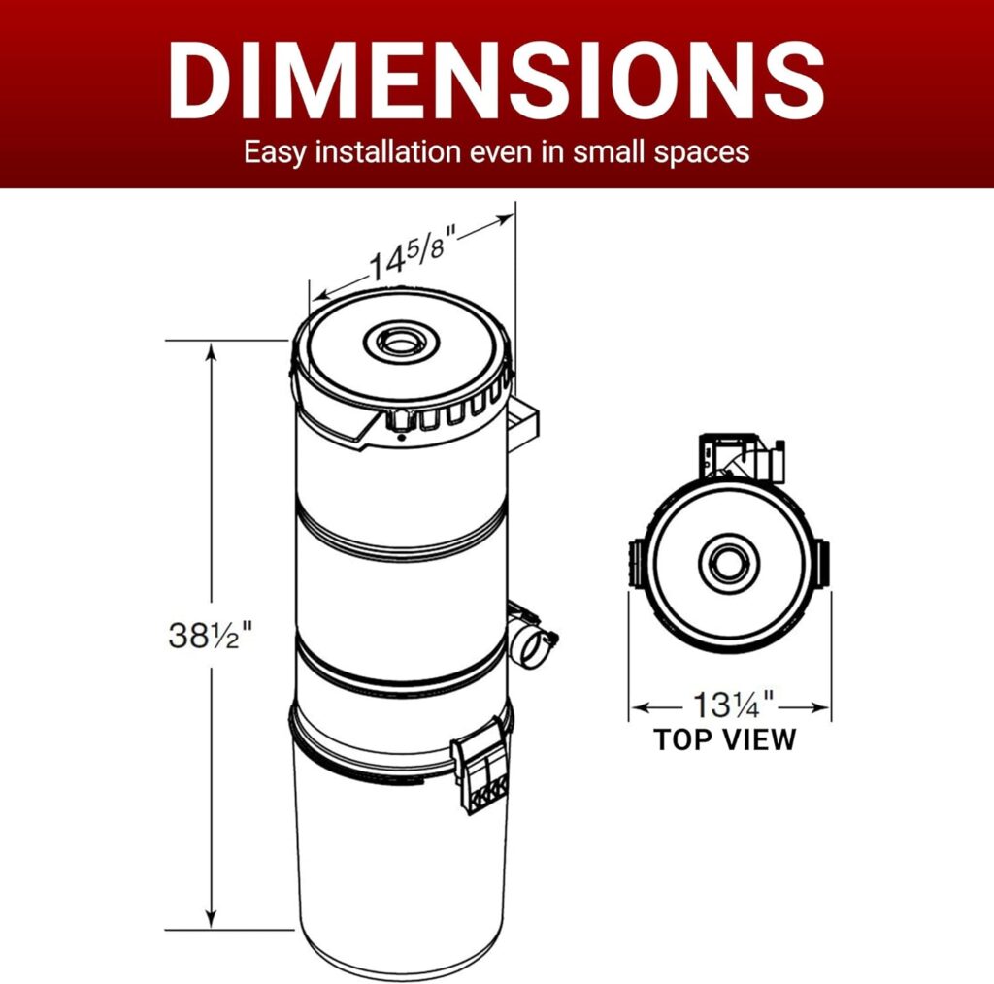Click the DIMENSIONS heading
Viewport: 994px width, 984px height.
496,80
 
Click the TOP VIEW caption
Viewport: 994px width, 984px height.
724,739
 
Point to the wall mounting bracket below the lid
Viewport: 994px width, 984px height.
522,425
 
